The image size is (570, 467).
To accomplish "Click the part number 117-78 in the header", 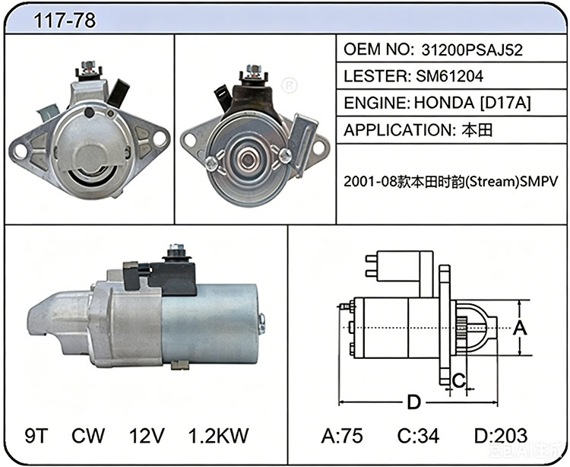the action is (65, 20).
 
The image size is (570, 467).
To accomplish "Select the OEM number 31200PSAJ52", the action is (472, 50).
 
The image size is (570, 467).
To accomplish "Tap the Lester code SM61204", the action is (449, 76).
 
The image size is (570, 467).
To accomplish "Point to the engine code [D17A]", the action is (505, 103).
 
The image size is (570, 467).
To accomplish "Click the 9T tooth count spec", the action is (36, 435).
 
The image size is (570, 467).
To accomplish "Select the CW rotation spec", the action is (88, 435).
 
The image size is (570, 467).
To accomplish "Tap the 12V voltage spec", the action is (147, 435).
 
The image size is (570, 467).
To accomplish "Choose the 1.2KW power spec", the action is (218, 435).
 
